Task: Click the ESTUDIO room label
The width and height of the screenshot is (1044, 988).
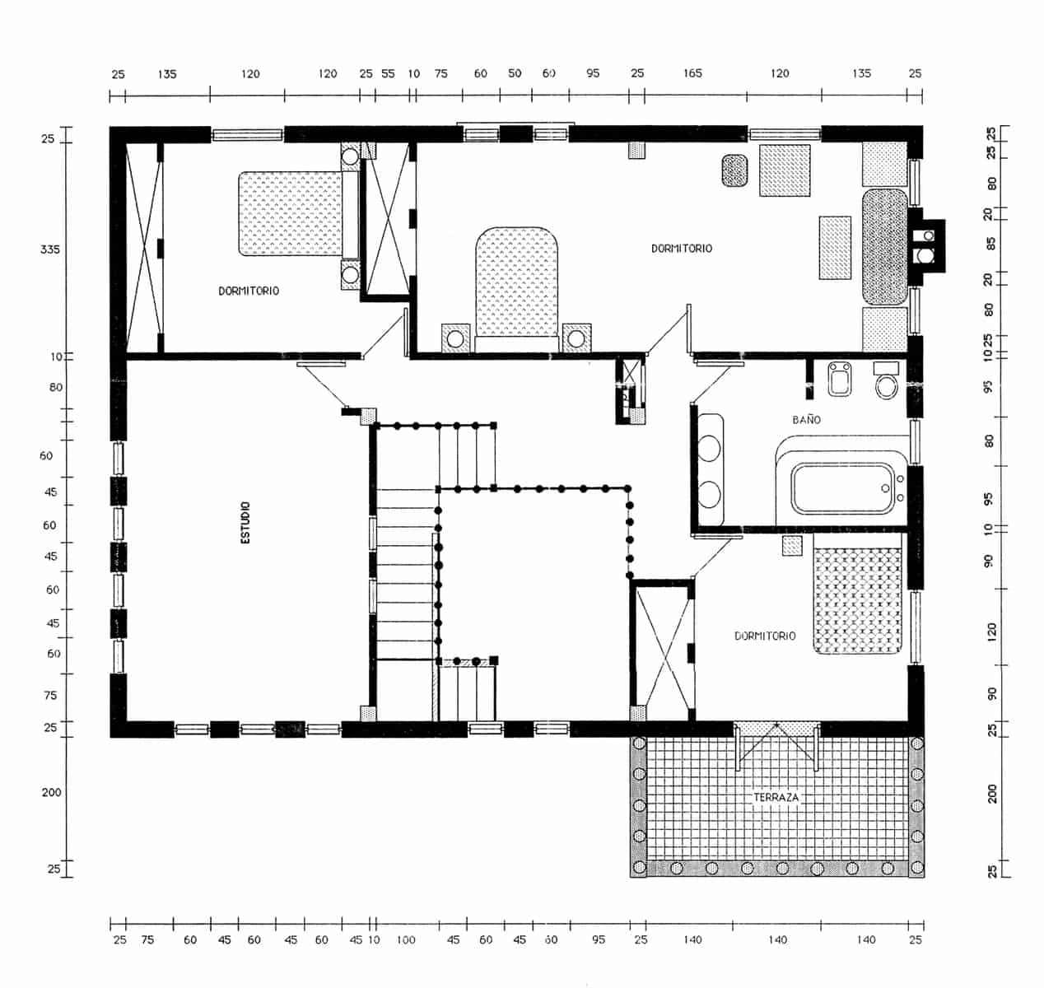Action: point(245,523)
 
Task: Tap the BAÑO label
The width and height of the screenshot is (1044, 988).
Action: point(806,419)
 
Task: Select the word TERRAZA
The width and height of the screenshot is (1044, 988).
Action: point(776,797)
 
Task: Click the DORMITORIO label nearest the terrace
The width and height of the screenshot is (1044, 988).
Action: point(765,636)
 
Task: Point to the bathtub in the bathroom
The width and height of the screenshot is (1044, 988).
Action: point(842,488)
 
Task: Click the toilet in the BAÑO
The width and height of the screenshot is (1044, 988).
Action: point(887,384)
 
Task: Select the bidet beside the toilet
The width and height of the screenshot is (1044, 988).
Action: point(841,380)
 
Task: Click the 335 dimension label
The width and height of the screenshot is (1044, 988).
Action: point(50,249)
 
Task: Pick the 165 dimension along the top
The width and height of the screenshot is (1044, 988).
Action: point(692,73)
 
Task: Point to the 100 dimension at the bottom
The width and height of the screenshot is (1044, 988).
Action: point(405,939)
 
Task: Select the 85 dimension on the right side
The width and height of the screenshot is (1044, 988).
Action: point(990,244)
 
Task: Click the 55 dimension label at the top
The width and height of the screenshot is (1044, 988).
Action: point(388,73)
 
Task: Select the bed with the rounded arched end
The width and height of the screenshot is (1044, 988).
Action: point(518,284)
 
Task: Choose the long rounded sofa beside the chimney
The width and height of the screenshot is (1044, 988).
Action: point(884,246)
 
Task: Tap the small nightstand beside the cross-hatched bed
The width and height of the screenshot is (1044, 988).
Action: point(791,545)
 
